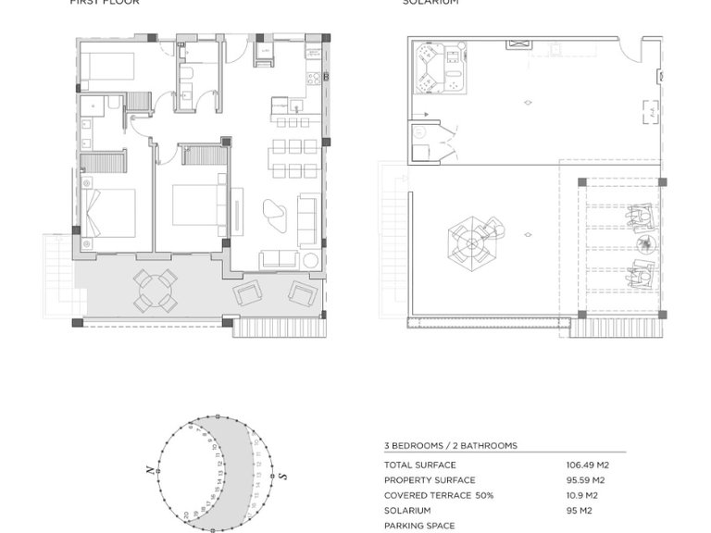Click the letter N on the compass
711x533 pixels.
(x=149, y=471)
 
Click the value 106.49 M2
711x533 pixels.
(x=587, y=465)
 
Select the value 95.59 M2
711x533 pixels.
(x=585, y=479)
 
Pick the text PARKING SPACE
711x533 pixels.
(x=418, y=525)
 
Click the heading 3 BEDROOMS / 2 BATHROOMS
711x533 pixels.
(x=450, y=445)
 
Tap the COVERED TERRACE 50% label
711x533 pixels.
(x=439, y=495)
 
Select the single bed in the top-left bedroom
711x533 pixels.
(x=105, y=66)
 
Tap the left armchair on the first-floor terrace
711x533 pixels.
(x=249, y=293)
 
